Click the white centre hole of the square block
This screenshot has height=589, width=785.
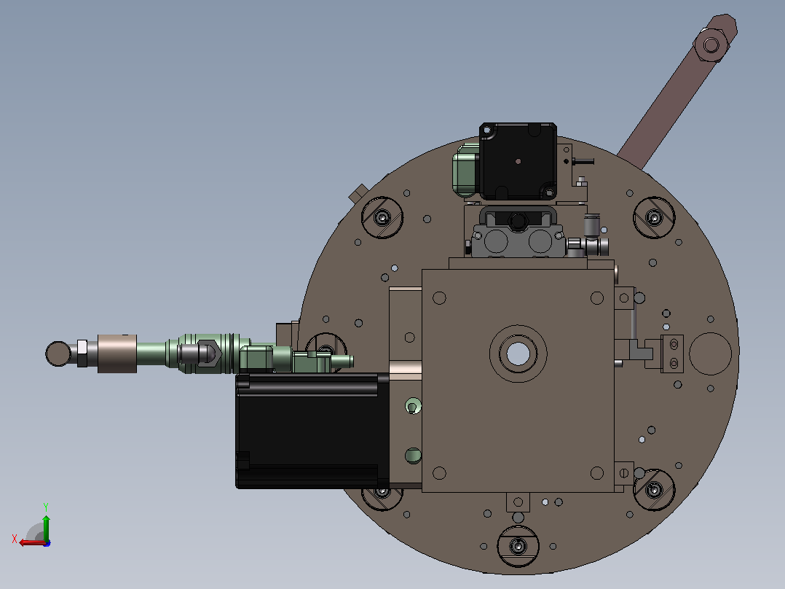(x=518, y=354)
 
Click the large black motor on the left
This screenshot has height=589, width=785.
(x=312, y=430)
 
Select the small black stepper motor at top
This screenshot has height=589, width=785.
(x=518, y=161)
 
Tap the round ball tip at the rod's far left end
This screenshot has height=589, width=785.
(x=58, y=354)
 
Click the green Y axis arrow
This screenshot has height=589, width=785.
(x=46, y=526)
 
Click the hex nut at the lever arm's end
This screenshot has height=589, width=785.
(x=711, y=45)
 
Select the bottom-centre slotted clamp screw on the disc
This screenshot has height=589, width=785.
(x=518, y=546)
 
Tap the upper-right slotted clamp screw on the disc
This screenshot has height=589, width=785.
(x=654, y=217)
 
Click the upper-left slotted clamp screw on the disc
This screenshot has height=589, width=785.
(x=382, y=217)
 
